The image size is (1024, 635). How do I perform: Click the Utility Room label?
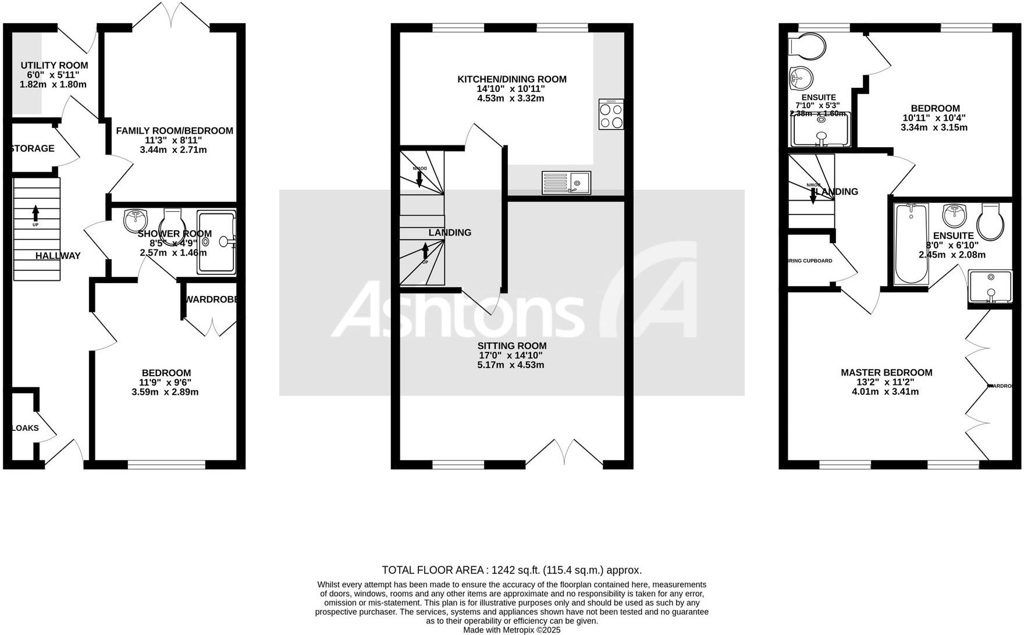54,66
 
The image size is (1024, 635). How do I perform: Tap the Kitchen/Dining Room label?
511,80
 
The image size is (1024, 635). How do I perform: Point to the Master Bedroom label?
886,373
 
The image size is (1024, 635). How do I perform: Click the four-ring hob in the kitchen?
611,115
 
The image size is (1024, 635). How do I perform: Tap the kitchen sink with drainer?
566,183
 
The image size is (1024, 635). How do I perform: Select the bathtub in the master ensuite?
911,244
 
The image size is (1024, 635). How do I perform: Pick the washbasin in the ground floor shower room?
135,220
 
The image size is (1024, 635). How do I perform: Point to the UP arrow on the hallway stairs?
36,215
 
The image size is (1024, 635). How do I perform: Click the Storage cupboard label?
33,149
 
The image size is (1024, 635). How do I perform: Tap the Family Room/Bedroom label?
175,131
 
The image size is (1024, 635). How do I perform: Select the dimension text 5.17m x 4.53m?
511,365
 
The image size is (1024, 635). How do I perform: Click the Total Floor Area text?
511,570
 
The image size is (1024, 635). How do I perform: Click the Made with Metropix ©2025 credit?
511,629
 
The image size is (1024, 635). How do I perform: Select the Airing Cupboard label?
810,261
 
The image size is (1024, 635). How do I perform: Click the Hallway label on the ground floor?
58,256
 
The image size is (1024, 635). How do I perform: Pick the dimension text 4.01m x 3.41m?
885,392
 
